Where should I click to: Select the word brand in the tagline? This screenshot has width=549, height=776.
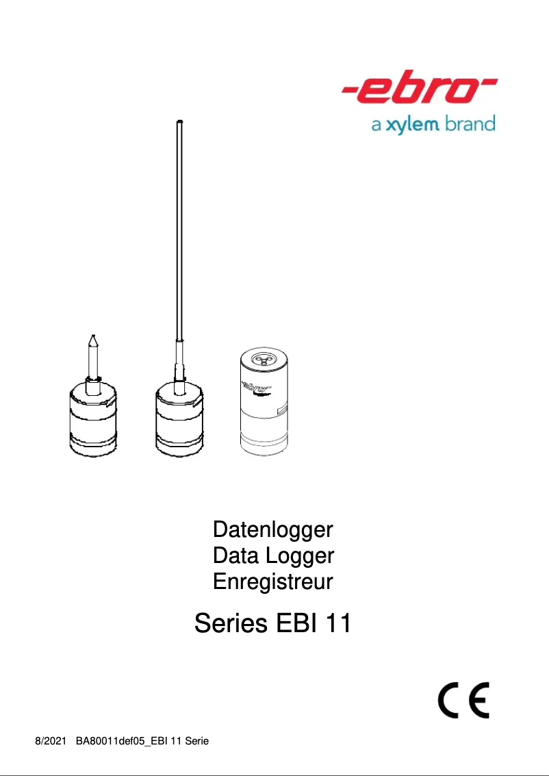[470, 125]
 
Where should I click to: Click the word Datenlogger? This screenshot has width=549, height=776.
[273, 529]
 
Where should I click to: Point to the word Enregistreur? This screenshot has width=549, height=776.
[273, 581]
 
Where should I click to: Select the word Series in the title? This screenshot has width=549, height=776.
[231, 624]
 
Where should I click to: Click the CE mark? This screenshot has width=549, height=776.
[463, 699]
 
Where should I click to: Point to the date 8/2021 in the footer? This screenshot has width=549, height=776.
[50, 741]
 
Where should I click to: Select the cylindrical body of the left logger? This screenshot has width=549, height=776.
[94, 421]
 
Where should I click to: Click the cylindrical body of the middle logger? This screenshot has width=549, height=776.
[180, 421]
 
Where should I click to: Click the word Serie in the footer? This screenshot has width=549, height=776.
[197, 741]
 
